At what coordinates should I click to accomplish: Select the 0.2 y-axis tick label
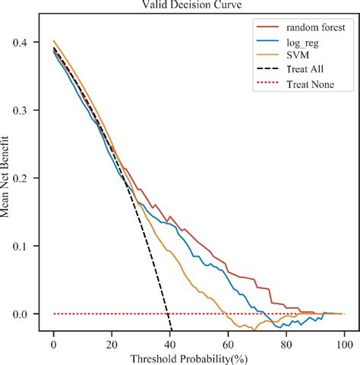point(26,178)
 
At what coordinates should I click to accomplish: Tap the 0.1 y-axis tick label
point(26,246)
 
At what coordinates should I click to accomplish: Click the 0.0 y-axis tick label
point(26,314)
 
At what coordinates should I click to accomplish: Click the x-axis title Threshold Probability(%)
point(198,357)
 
